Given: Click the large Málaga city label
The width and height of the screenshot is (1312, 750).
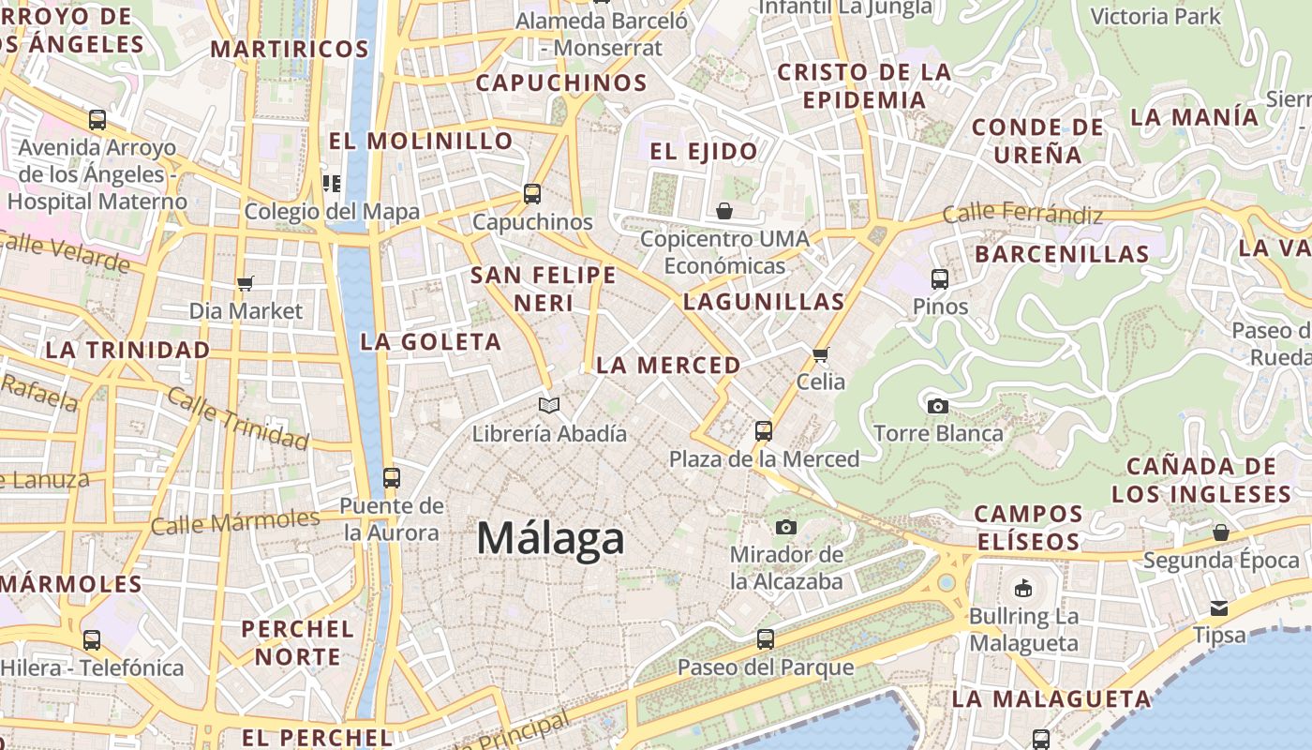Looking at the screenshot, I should (x=550, y=539).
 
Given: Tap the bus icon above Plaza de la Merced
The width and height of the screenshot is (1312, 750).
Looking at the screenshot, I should (x=764, y=431).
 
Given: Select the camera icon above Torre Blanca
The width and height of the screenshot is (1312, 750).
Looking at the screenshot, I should (x=937, y=406).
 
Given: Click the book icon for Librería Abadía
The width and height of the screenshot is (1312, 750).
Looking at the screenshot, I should (x=549, y=405).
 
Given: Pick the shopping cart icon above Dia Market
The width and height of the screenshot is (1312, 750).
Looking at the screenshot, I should (x=246, y=283).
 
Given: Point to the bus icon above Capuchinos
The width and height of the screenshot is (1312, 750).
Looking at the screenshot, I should (x=532, y=194).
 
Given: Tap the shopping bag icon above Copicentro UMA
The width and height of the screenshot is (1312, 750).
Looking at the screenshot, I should (x=724, y=211).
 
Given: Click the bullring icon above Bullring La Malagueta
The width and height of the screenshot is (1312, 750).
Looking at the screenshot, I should (x=1023, y=589).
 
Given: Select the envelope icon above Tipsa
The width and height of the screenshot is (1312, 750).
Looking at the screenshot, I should (x=1219, y=607).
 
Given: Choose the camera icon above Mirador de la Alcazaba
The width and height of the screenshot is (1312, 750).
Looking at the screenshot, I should (x=786, y=527).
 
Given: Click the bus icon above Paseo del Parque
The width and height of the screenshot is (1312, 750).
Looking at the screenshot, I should (x=766, y=639).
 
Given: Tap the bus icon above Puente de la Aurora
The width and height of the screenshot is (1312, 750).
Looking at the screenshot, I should (x=392, y=477).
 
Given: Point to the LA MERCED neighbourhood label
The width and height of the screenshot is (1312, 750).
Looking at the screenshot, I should (x=668, y=366).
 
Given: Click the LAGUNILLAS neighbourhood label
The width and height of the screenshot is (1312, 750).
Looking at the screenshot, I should (x=764, y=302).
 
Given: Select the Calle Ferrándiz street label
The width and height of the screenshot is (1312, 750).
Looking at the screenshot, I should (x=1022, y=214).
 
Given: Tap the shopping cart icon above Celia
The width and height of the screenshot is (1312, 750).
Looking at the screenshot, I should (x=821, y=354).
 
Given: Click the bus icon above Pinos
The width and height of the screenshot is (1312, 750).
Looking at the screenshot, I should (x=940, y=278).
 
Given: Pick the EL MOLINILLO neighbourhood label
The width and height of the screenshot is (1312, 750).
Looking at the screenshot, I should (x=421, y=142).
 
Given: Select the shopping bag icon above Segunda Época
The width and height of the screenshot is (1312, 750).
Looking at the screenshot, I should (x=1220, y=532).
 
